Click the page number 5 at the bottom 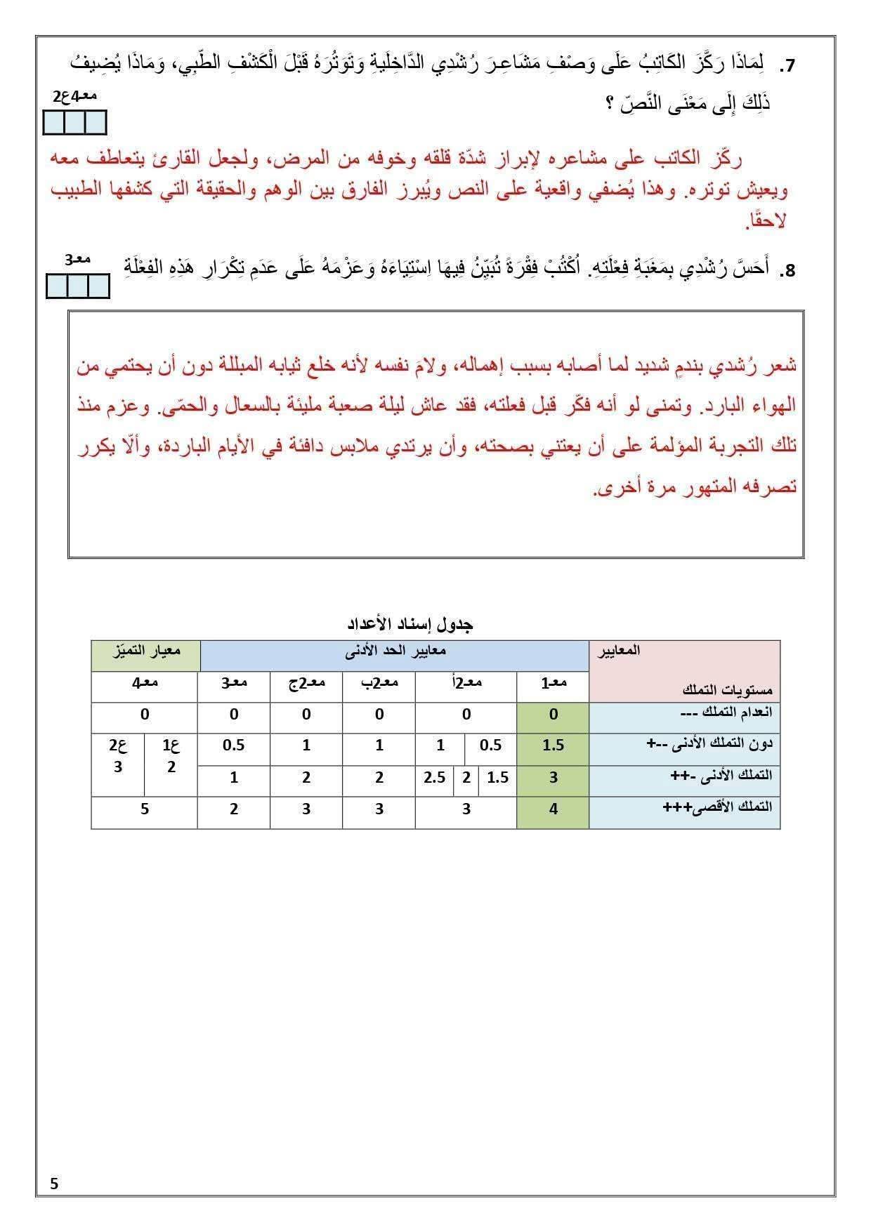pyautogui.click(x=55, y=1184)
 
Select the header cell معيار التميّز pyautogui.click(x=145, y=651)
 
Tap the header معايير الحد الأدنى pyautogui.click(x=395, y=651)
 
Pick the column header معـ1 pyautogui.click(x=553, y=682)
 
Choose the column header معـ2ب pyautogui.click(x=379, y=682)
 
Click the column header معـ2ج pyautogui.click(x=306, y=682)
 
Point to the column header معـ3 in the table pyautogui.click(x=234, y=682)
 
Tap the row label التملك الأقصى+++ pyautogui.click(x=717, y=807)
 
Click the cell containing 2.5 pyautogui.click(x=435, y=777)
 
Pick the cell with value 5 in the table pyautogui.click(x=145, y=809)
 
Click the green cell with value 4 pyautogui.click(x=553, y=809)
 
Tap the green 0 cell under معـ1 pyautogui.click(x=553, y=715)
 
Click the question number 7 pyautogui.click(x=787, y=67)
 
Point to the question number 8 pyautogui.click(x=788, y=271)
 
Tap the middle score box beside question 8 pyautogui.click(x=78, y=287)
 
